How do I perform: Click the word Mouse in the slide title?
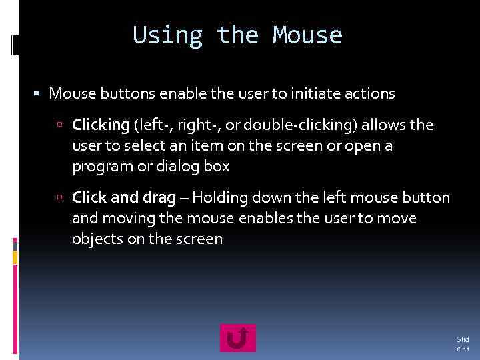[x=307, y=35]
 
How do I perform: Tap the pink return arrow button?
[x=238, y=338]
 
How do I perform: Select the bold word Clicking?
[x=100, y=125]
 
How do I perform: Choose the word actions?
[x=371, y=94]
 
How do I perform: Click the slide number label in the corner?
[x=463, y=344]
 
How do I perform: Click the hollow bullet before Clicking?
[x=60, y=125]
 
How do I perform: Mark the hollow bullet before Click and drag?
[x=60, y=197]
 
